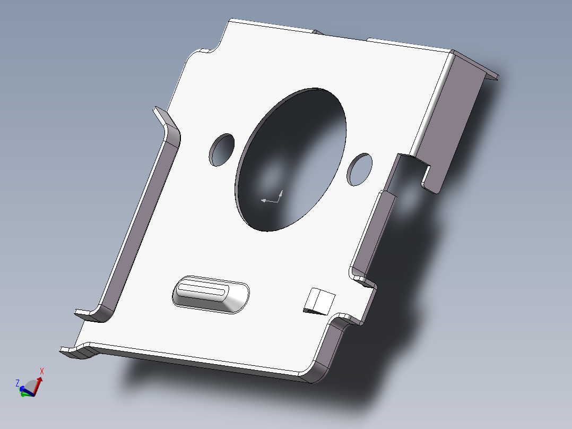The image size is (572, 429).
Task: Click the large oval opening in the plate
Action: pos(291,159)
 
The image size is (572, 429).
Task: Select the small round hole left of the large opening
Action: pos(222,149)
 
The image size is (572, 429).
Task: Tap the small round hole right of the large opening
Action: pos(360,169)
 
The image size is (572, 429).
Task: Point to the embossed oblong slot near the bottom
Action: pos(211,294)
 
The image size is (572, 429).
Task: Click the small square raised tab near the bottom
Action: pos(319,301)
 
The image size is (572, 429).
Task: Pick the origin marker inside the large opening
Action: pos(272,198)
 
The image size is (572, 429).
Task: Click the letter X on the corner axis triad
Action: pos(42,371)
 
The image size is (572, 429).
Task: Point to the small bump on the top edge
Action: pos(318,32)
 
